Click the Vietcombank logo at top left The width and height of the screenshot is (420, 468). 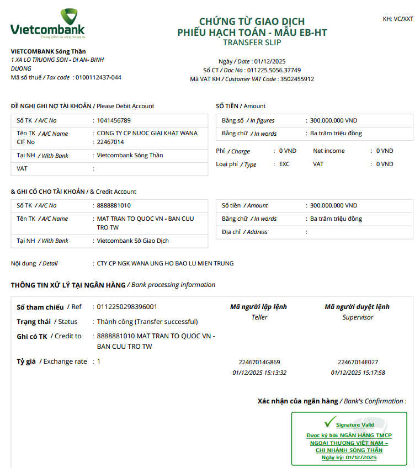coord(48,24)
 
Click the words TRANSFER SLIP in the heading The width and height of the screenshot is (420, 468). coord(252,42)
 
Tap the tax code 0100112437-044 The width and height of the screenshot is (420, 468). coord(98,77)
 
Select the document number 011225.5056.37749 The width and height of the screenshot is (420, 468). coord(274,70)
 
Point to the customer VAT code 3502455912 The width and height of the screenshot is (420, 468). coord(296,79)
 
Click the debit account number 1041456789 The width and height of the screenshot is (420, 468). coord(114,120)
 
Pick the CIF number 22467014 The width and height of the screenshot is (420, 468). coord(110,142)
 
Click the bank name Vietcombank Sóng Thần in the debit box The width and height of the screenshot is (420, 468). coord(130,156)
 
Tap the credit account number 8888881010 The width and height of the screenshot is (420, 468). coord(114,205)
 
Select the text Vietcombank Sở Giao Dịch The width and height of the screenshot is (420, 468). coord(132,241)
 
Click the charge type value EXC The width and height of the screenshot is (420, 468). coord(284,164)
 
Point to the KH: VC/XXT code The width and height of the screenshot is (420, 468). coord(397,19)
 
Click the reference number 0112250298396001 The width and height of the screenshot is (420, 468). coord(127,307)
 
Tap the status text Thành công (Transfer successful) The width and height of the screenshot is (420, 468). coord(147,322)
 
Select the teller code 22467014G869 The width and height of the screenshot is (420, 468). coord(259,363)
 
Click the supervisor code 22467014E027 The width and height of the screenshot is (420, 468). coord(358,363)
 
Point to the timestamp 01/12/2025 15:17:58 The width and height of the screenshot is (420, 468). coord(358,373)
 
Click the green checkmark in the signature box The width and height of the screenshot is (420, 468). coord(330,423)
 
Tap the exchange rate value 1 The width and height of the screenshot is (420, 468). coord(99,361)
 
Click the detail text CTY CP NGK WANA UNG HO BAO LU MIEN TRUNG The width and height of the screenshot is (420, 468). coord(165,263)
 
